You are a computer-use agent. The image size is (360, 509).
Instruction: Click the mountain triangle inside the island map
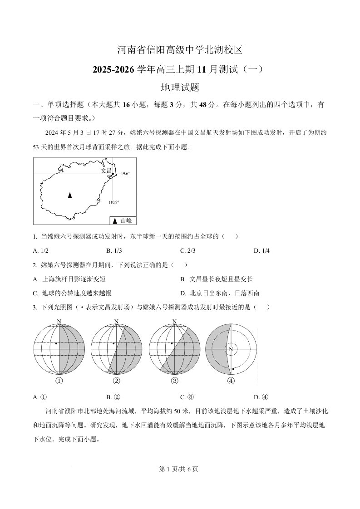(69, 195)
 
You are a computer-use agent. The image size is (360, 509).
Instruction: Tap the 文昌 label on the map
(106, 171)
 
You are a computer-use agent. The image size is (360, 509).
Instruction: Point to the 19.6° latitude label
(125, 174)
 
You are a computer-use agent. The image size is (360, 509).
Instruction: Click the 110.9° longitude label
(113, 202)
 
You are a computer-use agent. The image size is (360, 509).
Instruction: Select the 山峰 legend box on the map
(123, 220)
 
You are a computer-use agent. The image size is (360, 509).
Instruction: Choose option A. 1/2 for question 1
(41, 250)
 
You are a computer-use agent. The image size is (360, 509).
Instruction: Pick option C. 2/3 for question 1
(188, 250)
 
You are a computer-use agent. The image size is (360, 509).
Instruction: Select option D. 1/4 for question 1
(261, 250)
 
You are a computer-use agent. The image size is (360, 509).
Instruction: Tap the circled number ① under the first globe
(59, 381)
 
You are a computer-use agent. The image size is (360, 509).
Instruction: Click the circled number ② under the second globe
(116, 381)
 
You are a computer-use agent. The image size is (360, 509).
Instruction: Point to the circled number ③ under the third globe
(174, 381)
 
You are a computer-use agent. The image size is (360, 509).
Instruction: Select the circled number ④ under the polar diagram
(231, 381)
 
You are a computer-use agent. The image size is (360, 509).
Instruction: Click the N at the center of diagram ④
(231, 349)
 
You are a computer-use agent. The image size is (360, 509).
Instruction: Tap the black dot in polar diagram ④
(233, 369)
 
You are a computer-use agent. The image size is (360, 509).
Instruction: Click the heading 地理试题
(180, 87)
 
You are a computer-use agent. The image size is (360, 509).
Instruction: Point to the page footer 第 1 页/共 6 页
(180, 469)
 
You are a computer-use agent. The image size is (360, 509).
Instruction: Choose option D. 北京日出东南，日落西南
(220, 293)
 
